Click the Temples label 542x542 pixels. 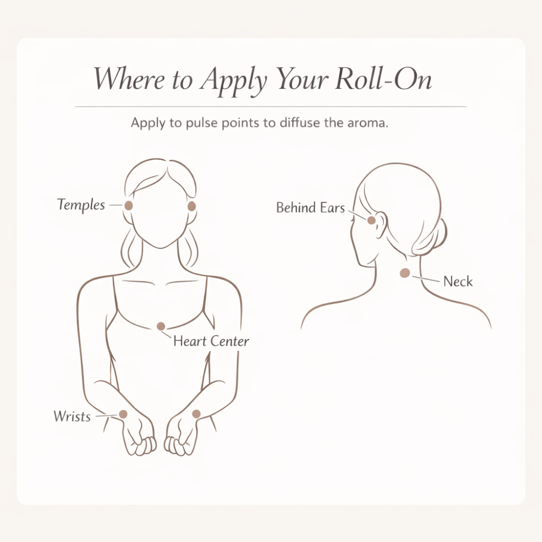81,205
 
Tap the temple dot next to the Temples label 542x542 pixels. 128,205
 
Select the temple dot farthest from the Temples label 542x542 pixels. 191,207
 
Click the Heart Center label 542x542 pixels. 211,341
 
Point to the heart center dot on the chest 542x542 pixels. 161,326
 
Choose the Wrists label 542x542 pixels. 72,416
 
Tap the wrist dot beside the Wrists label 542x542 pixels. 123,414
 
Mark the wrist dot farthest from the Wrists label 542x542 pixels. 196,414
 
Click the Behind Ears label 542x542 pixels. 311,208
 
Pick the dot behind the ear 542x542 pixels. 371,220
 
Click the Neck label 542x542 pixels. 458,281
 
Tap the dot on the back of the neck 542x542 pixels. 405,273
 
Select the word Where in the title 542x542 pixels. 129,79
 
